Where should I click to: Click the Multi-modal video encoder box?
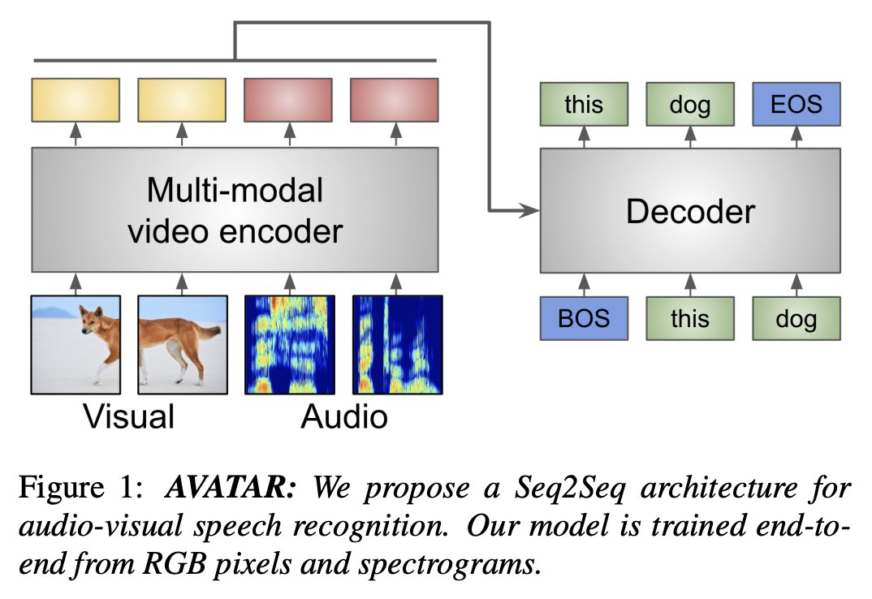pos(234,209)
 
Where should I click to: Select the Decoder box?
pos(690,211)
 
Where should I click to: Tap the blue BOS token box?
pos(585,318)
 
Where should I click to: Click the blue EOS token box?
pos(796,105)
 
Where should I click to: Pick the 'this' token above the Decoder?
pos(585,105)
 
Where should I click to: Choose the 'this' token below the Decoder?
pos(690,318)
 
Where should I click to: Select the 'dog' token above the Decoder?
pos(690,105)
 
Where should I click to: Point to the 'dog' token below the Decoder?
pos(796,318)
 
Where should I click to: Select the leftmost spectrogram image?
pos(289,344)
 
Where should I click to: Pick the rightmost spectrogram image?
pos(395,344)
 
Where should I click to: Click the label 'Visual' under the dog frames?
pos(128,417)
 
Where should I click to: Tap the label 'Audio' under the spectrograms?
pos(343,417)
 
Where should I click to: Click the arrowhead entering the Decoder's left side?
pos(533,211)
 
